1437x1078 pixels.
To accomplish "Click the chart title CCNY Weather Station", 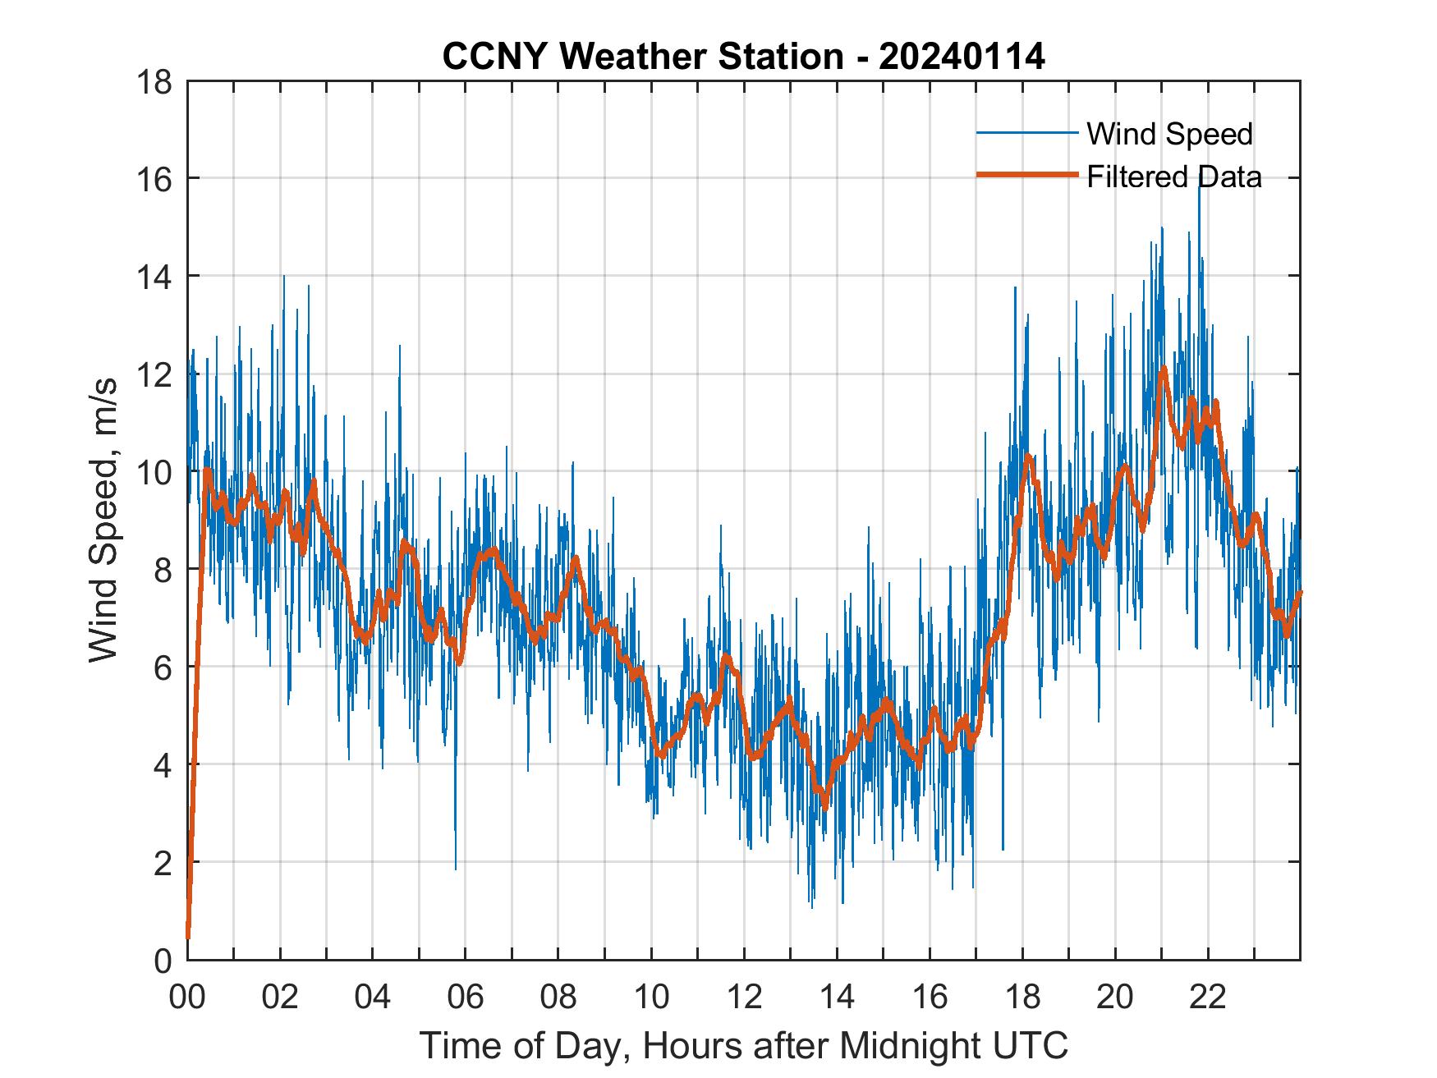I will [x=642, y=57].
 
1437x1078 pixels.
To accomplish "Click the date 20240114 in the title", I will [x=962, y=57].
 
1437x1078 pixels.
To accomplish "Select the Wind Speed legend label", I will [x=1169, y=134].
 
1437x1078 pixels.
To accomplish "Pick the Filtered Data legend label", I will [x=1173, y=177].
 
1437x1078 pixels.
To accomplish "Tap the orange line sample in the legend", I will [x=1026, y=175].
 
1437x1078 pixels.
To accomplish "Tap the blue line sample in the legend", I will [x=1026, y=133].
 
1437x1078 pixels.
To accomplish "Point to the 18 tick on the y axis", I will [x=156, y=82].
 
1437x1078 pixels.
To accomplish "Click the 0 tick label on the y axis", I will [x=163, y=960].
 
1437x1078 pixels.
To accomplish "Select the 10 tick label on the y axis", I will [x=156, y=472].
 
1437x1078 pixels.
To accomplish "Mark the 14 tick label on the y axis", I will [x=156, y=278].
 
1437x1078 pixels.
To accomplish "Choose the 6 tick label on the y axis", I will [x=163, y=667].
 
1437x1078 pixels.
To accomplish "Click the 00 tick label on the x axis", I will [x=187, y=998].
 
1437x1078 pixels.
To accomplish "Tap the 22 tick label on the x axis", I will [x=1208, y=998].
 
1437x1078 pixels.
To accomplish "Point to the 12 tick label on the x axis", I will [x=744, y=998].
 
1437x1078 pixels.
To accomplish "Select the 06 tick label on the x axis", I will [x=466, y=998].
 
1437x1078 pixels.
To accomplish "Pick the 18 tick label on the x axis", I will [x=1022, y=998].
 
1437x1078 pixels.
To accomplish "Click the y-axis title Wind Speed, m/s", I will [x=104, y=519].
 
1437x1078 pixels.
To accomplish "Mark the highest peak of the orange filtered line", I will [x=1163, y=370].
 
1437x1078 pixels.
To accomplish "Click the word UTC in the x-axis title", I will [x=1031, y=1046].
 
